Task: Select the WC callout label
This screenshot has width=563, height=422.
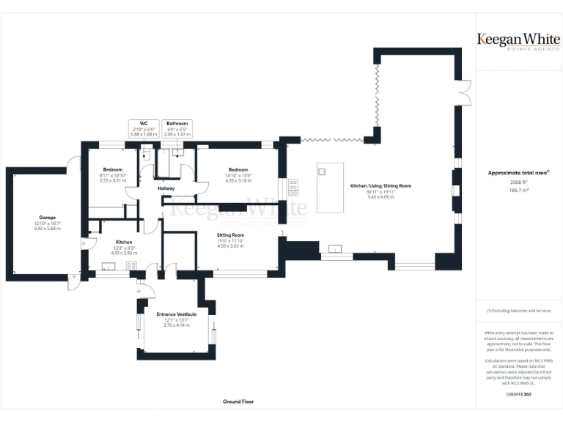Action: click(x=144, y=124)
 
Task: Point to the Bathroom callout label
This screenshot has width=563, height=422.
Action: click(x=177, y=124)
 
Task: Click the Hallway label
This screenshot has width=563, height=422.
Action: click(x=166, y=188)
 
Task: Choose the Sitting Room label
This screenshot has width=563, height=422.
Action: click(x=230, y=235)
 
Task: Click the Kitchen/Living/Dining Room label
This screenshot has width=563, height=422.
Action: click(x=380, y=186)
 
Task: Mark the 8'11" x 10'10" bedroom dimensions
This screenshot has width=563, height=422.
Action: click(x=113, y=175)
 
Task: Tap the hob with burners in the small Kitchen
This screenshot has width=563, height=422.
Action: click(x=131, y=265)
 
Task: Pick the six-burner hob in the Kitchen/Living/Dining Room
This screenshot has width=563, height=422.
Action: click(x=294, y=188)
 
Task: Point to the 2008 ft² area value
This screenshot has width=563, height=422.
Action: click(x=518, y=181)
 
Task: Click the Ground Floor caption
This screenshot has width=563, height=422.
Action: click(x=238, y=401)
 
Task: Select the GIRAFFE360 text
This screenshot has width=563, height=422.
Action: click(x=518, y=395)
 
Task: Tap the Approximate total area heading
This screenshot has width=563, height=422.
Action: click(x=518, y=172)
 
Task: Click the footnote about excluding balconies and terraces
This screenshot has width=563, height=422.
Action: click(x=518, y=311)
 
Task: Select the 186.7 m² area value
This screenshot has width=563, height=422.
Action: click(x=518, y=189)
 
